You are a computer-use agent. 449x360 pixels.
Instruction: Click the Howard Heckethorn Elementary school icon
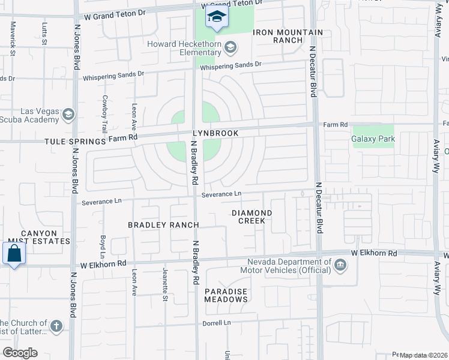[x=231, y=47]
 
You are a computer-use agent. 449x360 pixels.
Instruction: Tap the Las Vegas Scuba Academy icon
[x=68, y=114]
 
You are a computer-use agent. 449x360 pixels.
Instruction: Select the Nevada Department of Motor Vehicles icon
[x=340, y=265]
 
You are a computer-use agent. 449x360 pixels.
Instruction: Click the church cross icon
[x=56, y=327]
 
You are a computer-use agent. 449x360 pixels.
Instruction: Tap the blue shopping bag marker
[x=14, y=253]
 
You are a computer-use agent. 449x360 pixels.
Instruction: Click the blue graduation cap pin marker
[x=217, y=17]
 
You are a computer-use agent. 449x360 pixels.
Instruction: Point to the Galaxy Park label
[x=373, y=139]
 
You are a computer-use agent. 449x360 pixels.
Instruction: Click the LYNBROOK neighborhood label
[x=215, y=133]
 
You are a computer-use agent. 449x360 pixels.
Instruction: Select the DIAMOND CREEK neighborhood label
[x=252, y=217]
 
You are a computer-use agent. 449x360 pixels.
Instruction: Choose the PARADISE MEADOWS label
[x=226, y=295]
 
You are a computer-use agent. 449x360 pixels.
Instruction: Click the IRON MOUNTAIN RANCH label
[x=288, y=36]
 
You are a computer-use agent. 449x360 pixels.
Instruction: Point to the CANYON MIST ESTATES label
[x=38, y=237]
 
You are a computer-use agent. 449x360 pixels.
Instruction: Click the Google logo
[x=20, y=352]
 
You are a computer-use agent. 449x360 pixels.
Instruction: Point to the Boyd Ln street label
[x=103, y=246]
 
